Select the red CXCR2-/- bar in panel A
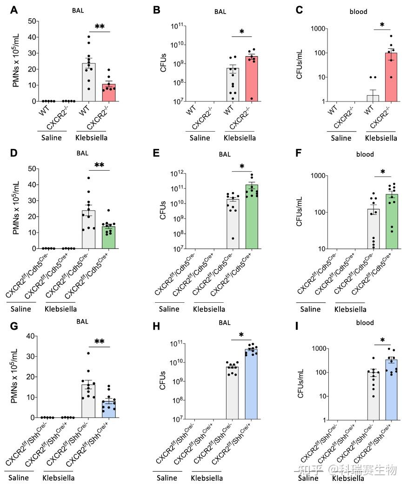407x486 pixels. pyautogui.click(x=108, y=93)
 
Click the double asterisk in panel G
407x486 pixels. pyautogui.click(x=100, y=342)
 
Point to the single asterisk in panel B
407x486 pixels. pyautogui.click(x=242, y=32)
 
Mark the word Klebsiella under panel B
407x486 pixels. pyautogui.click(x=240, y=138)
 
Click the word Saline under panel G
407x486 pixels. pyautogui.click(x=18, y=478)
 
